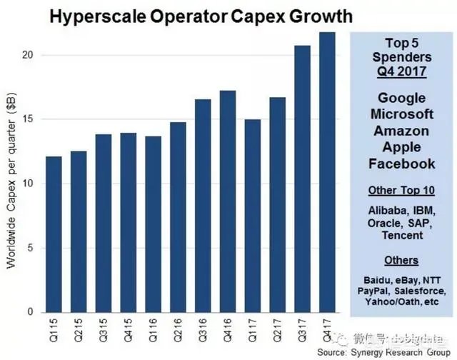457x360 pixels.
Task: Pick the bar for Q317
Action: tap(302, 179)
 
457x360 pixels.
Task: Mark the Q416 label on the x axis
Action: tap(228, 330)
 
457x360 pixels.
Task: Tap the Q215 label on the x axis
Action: tap(79, 330)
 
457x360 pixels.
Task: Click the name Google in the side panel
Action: tap(401, 99)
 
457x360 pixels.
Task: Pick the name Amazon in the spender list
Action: tap(401, 131)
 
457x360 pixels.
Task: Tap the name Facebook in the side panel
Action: tap(401, 164)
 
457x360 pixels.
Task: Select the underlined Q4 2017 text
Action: tap(401, 71)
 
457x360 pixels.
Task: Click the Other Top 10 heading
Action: tap(401, 191)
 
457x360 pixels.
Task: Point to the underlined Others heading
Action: tap(401, 260)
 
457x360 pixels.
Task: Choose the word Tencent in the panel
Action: tap(401, 236)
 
